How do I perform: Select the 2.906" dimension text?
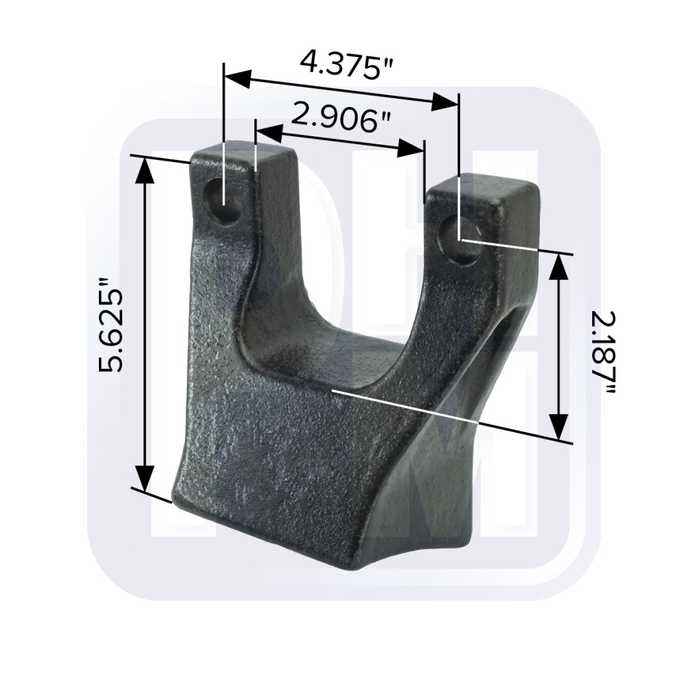[x=340, y=117]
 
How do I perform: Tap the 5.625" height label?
[x=111, y=325]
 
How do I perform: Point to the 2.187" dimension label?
[x=603, y=352]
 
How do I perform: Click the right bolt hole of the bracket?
[x=462, y=241]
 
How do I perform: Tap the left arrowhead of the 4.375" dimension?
[x=237, y=79]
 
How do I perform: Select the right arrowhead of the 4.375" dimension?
[x=445, y=102]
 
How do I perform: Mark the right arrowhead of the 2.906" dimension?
[x=412, y=148]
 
